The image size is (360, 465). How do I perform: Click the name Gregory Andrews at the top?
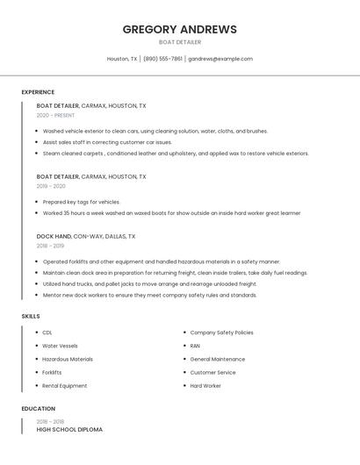point(179,29)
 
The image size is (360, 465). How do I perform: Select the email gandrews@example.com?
point(220,59)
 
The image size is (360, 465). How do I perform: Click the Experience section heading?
point(38,92)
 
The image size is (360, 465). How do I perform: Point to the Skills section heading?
point(31,316)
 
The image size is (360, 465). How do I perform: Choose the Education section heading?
point(38,409)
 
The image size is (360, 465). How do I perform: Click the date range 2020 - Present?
point(55,115)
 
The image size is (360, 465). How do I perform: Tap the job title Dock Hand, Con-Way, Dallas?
point(86,236)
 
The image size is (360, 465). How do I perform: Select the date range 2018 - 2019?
point(51,246)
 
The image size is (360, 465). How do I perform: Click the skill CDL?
point(47,333)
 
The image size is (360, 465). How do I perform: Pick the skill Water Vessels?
point(60,346)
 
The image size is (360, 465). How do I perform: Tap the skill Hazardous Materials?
point(68,359)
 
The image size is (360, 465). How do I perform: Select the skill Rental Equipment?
point(65,386)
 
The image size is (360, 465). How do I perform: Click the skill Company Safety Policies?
point(221,333)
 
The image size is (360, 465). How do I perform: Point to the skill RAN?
point(195,346)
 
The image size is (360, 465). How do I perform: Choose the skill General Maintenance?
point(218,359)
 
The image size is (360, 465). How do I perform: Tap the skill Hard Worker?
point(205,386)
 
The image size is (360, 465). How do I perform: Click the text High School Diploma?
point(69,430)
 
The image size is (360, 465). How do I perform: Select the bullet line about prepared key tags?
point(82,202)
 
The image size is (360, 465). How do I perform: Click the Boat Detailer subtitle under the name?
point(179,42)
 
